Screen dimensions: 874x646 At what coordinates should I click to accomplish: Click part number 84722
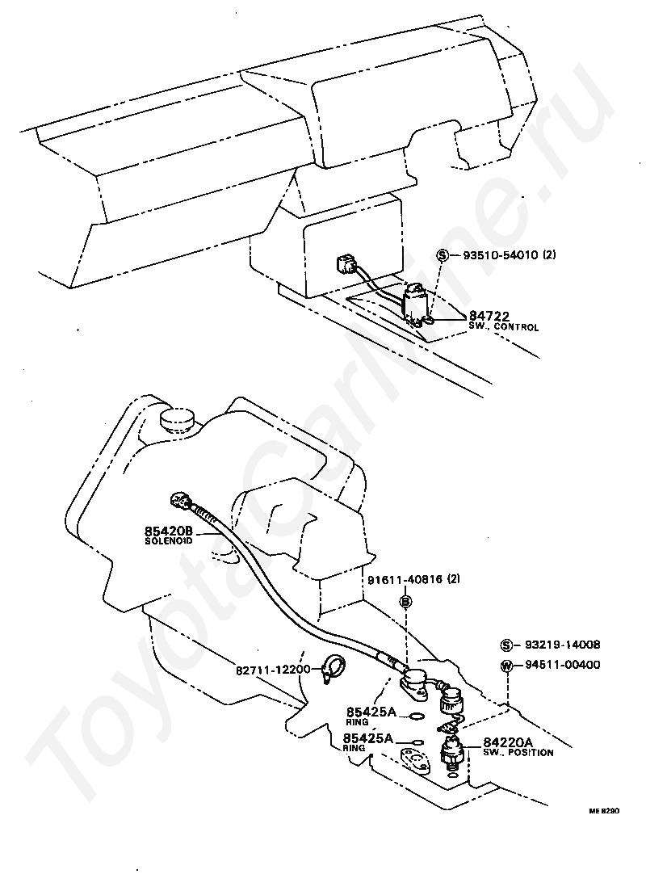click(489, 316)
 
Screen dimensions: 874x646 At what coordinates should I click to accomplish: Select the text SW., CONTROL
click(503, 327)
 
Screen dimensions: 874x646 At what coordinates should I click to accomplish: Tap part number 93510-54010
click(500, 254)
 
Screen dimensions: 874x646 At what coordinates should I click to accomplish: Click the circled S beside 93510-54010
click(443, 255)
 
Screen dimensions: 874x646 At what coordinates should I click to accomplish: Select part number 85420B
click(169, 530)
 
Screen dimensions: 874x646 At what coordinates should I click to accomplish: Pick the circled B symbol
click(407, 601)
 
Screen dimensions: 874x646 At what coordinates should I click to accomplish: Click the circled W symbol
click(506, 666)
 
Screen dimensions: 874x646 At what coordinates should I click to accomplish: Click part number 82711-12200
click(273, 670)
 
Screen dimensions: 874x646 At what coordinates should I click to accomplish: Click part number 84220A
click(509, 742)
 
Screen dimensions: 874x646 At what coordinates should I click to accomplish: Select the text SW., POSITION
click(518, 753)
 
